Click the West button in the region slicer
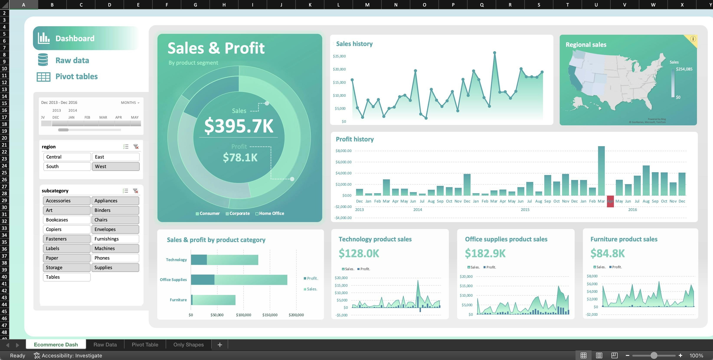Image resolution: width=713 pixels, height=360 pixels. tap(115, 166)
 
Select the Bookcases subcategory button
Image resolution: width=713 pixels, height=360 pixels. tap(66, 220)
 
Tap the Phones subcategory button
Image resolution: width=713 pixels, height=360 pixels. tap(115, 258)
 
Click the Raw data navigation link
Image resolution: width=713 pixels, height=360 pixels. tap(72, 60)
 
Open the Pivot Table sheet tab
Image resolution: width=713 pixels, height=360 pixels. tap(145, 345)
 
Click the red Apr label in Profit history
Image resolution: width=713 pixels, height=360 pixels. tap(610, 201)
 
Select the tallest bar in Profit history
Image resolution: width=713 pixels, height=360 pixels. tap(601, 171)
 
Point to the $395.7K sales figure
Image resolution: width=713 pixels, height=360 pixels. tap(239, 126)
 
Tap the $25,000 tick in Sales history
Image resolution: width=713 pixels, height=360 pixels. tap(339, 56)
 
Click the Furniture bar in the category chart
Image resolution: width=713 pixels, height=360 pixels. tap(213, 300)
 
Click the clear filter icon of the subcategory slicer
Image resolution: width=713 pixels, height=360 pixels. tap(135, 191)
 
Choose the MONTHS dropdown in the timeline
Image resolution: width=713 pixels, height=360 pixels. tap(130, 103)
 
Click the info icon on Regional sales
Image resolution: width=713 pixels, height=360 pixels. tap(693, 39)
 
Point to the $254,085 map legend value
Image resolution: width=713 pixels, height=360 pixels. tap(684, 69)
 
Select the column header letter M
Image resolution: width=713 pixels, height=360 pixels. tap(367, 5)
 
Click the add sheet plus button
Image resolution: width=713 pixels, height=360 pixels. tap(220, 345)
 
